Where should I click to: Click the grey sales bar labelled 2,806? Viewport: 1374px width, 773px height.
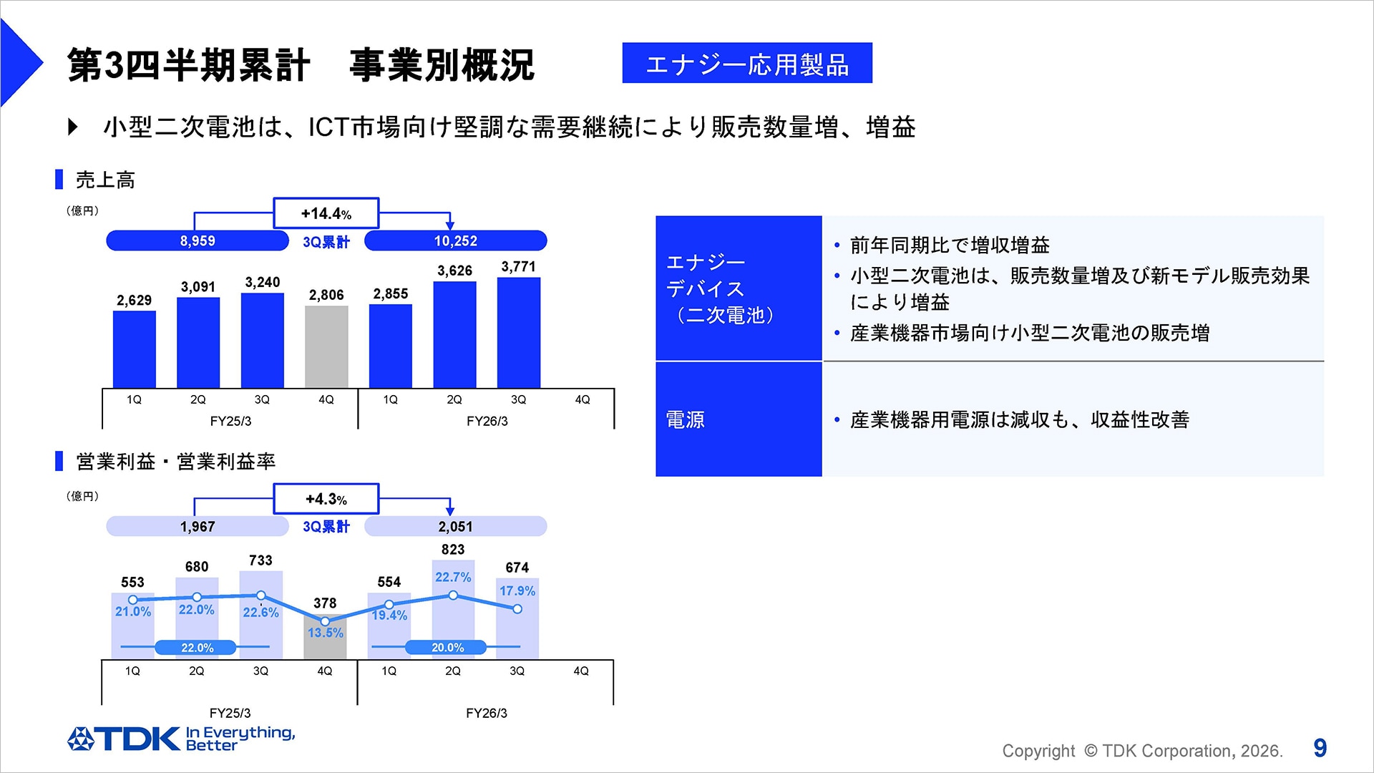click(x=326, y=346)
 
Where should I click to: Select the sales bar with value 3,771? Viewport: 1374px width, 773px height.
click(x=519, y=332)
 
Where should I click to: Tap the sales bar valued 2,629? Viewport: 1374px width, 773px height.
click(x=134, y=349)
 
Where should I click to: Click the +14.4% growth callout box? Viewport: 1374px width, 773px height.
click(x=326, y=213)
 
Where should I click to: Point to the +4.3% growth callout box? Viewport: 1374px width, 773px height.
click(x=326, y=499)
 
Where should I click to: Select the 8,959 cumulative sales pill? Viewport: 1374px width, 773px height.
click(x=197, y=241)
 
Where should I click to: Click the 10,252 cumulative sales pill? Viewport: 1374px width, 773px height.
click(x=455, y=241)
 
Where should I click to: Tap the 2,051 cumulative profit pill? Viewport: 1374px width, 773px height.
click(x=455, y=527)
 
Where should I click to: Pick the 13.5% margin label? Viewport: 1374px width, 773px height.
click(x=326, y=633)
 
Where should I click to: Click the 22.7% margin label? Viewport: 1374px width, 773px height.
click(x=453, y=577)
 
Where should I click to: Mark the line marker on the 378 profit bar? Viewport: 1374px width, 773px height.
click(x=325, y=621)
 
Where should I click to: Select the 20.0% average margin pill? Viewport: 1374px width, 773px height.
click(x=447, y=648)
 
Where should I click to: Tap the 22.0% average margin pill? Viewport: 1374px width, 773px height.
click(x=196, y=648)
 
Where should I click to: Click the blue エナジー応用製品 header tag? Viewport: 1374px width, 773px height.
click(x=747, y=64)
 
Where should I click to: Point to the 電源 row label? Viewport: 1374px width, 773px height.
click(x=686, y=419)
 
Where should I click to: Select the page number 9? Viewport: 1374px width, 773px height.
click(x=1320, y=749)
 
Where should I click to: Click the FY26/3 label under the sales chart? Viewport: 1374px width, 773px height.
click(x=487, y=421)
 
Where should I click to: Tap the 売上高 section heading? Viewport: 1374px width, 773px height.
click(x=105, y=180)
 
